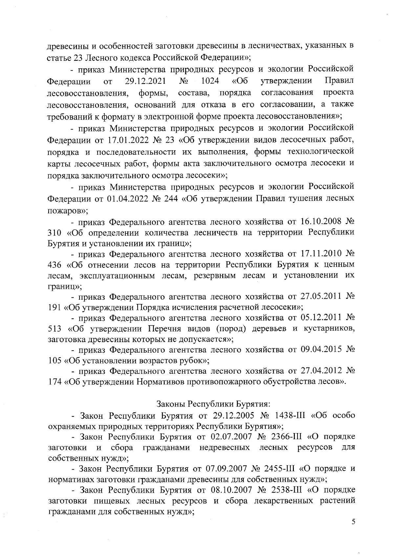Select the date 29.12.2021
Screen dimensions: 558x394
coord(145,81)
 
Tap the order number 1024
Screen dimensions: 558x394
coord(210,81)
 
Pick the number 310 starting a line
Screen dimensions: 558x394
coord(55,233)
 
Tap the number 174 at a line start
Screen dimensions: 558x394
coord(55,382)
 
